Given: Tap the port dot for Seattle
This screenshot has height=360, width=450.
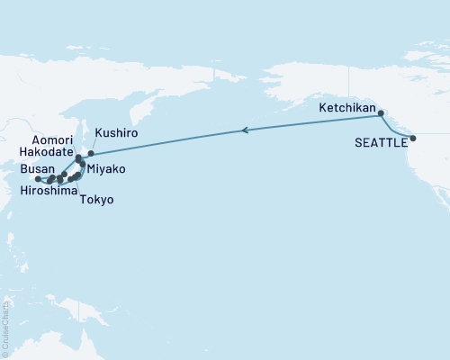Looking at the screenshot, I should (x=413, y=139).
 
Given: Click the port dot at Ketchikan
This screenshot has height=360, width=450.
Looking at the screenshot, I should (x=380, y=113).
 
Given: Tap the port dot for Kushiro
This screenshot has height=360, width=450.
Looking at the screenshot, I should (x=91, y=154).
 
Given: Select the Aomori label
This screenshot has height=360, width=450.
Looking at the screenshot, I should (x=43, y=142).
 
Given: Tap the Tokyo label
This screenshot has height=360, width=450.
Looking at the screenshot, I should (x=96, y=200).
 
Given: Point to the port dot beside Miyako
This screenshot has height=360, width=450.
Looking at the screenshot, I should (x=83, y=165).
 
